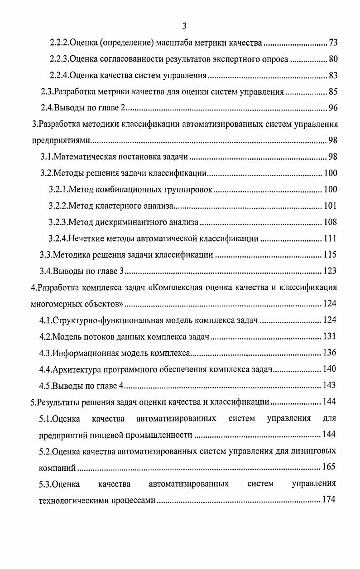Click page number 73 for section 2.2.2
pos(333,43)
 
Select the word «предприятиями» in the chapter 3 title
pos(60,141)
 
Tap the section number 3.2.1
pos(58,189)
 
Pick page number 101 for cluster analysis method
pos(330,206)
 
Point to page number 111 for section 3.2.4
pos(330,239)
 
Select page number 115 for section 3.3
pos(330,255)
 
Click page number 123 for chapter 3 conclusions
pos(330,271)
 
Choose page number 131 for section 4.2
pos(330,336)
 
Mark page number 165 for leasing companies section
pos(329,467)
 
